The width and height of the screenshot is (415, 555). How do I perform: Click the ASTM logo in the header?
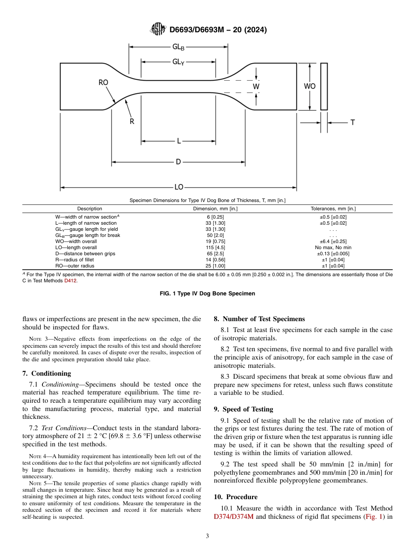158,29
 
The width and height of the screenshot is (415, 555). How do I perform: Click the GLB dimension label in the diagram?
178,47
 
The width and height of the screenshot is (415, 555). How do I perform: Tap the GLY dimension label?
178,62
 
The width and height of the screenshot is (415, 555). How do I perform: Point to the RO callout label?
104,82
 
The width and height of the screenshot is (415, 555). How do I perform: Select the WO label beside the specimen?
310,86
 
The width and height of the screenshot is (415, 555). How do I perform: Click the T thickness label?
353,123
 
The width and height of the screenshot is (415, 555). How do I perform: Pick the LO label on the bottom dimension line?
179,187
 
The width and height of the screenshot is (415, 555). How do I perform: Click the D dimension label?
178,162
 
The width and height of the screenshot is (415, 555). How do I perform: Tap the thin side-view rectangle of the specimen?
324,86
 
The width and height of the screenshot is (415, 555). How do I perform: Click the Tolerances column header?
333,209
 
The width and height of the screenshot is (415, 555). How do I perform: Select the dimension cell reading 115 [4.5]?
215,247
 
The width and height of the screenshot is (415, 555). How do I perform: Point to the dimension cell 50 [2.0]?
215,235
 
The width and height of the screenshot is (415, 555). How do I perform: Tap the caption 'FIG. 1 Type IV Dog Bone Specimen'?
207,294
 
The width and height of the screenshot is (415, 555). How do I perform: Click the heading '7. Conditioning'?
46,373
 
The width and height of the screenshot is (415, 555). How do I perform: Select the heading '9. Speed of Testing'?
243,409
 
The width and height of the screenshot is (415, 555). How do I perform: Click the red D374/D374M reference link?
234,517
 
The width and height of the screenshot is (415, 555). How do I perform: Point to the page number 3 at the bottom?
207,536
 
